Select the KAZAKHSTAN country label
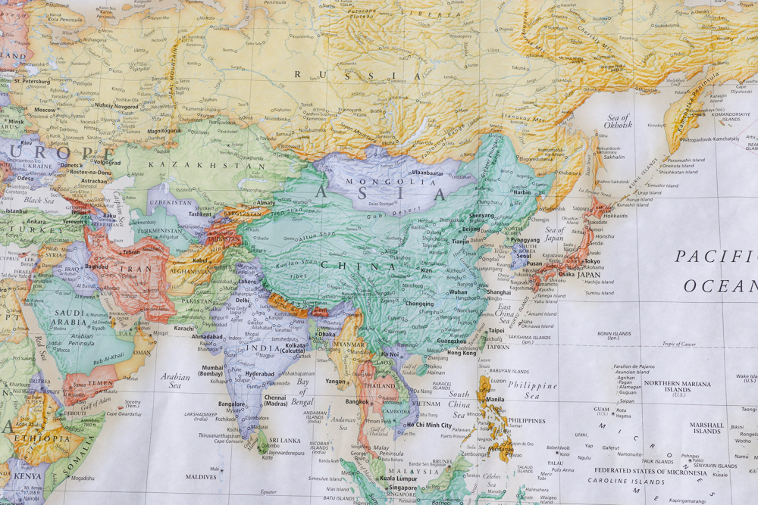click(206, 164)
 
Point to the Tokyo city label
click(592, 261)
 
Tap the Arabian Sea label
click(175, 380)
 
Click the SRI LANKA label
click(284, 439)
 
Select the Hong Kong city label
click(462, 353)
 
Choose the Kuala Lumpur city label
click(398, 479)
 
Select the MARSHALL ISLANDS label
click(706, 428)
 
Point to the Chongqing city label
click(419, 304)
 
